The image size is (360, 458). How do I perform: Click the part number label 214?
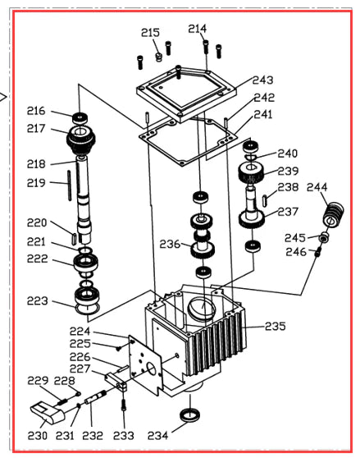coord(197,28)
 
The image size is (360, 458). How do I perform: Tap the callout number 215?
coord(150,32)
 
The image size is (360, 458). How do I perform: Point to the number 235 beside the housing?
coord(275,326)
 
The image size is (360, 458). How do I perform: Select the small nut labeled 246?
coord(318,251)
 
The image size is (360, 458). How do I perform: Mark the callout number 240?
coord(287,153)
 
